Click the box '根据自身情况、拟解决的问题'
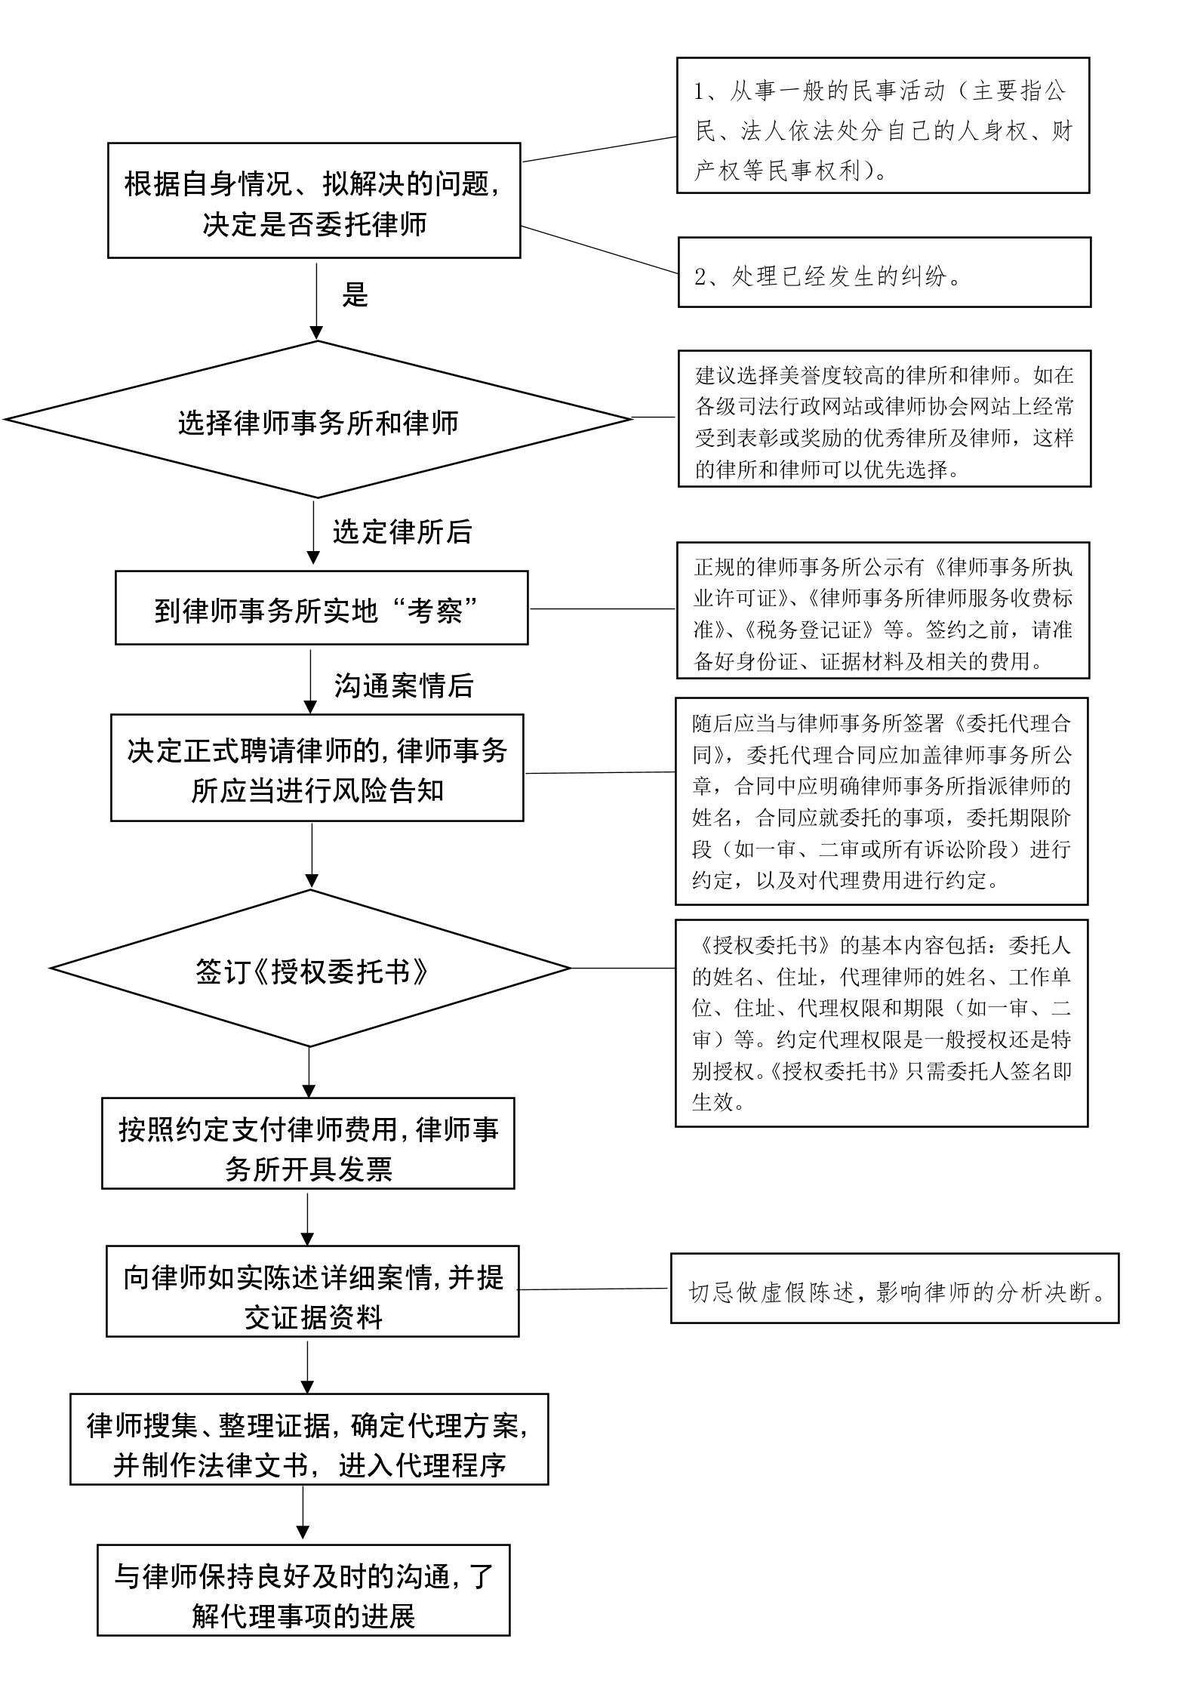click(x=314, y=200)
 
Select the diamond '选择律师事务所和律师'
click(x=318, y=420)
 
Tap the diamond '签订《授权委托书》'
click(x=310, y=968)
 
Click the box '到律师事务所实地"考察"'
click(x=322, y=608)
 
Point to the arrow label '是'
click(x=355, y=294)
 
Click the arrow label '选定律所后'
click(x=402, y=532)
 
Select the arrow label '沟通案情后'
click(x=404, y=685)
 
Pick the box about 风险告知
click(x=317, y=768)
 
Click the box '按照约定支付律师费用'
click(x=308, y=1143)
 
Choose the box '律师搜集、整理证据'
click(x=309, y=1439)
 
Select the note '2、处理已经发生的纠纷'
click(x=885, y=273)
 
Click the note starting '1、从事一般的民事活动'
click(x=883, y=125)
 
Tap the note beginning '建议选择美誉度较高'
click(x=885, y=418)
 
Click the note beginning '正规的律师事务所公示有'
click(x=883, y=610)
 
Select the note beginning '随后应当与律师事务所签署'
click(x=882, y=801)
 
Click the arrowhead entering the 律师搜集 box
click(x=307, y=1387)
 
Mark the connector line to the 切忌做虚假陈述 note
click(x=594, y=1289)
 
